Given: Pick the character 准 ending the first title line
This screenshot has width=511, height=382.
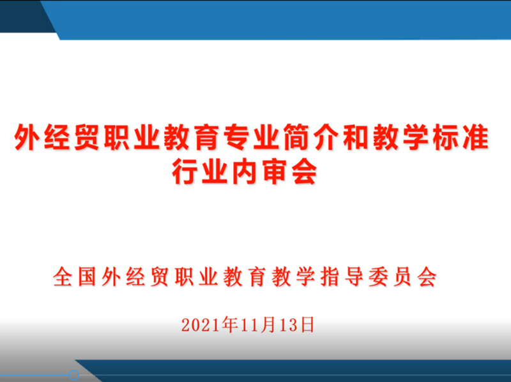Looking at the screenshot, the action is pos(475,136).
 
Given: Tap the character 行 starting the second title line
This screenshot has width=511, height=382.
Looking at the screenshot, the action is pos(185,172).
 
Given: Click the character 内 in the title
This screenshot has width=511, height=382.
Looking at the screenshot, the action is pos(245,172).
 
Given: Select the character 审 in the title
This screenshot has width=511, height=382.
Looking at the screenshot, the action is pos(275,172).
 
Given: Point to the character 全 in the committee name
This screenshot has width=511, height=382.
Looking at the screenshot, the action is pos(63,277).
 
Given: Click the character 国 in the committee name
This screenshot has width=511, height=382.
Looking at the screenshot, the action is pos(87,277).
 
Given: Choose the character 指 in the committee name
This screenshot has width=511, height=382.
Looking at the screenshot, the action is pos(330,277).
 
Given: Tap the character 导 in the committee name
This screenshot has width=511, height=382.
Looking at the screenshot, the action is pos(355,277).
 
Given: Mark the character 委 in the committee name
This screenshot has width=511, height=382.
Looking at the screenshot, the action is pos(378,277).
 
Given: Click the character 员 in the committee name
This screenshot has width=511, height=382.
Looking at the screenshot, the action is pos(403,277).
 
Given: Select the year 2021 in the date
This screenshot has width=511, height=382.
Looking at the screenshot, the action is pos(201,325).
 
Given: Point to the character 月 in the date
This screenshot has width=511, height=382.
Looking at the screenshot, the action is pos(267,325).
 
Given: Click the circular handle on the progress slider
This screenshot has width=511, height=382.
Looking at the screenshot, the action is pos(74,375).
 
